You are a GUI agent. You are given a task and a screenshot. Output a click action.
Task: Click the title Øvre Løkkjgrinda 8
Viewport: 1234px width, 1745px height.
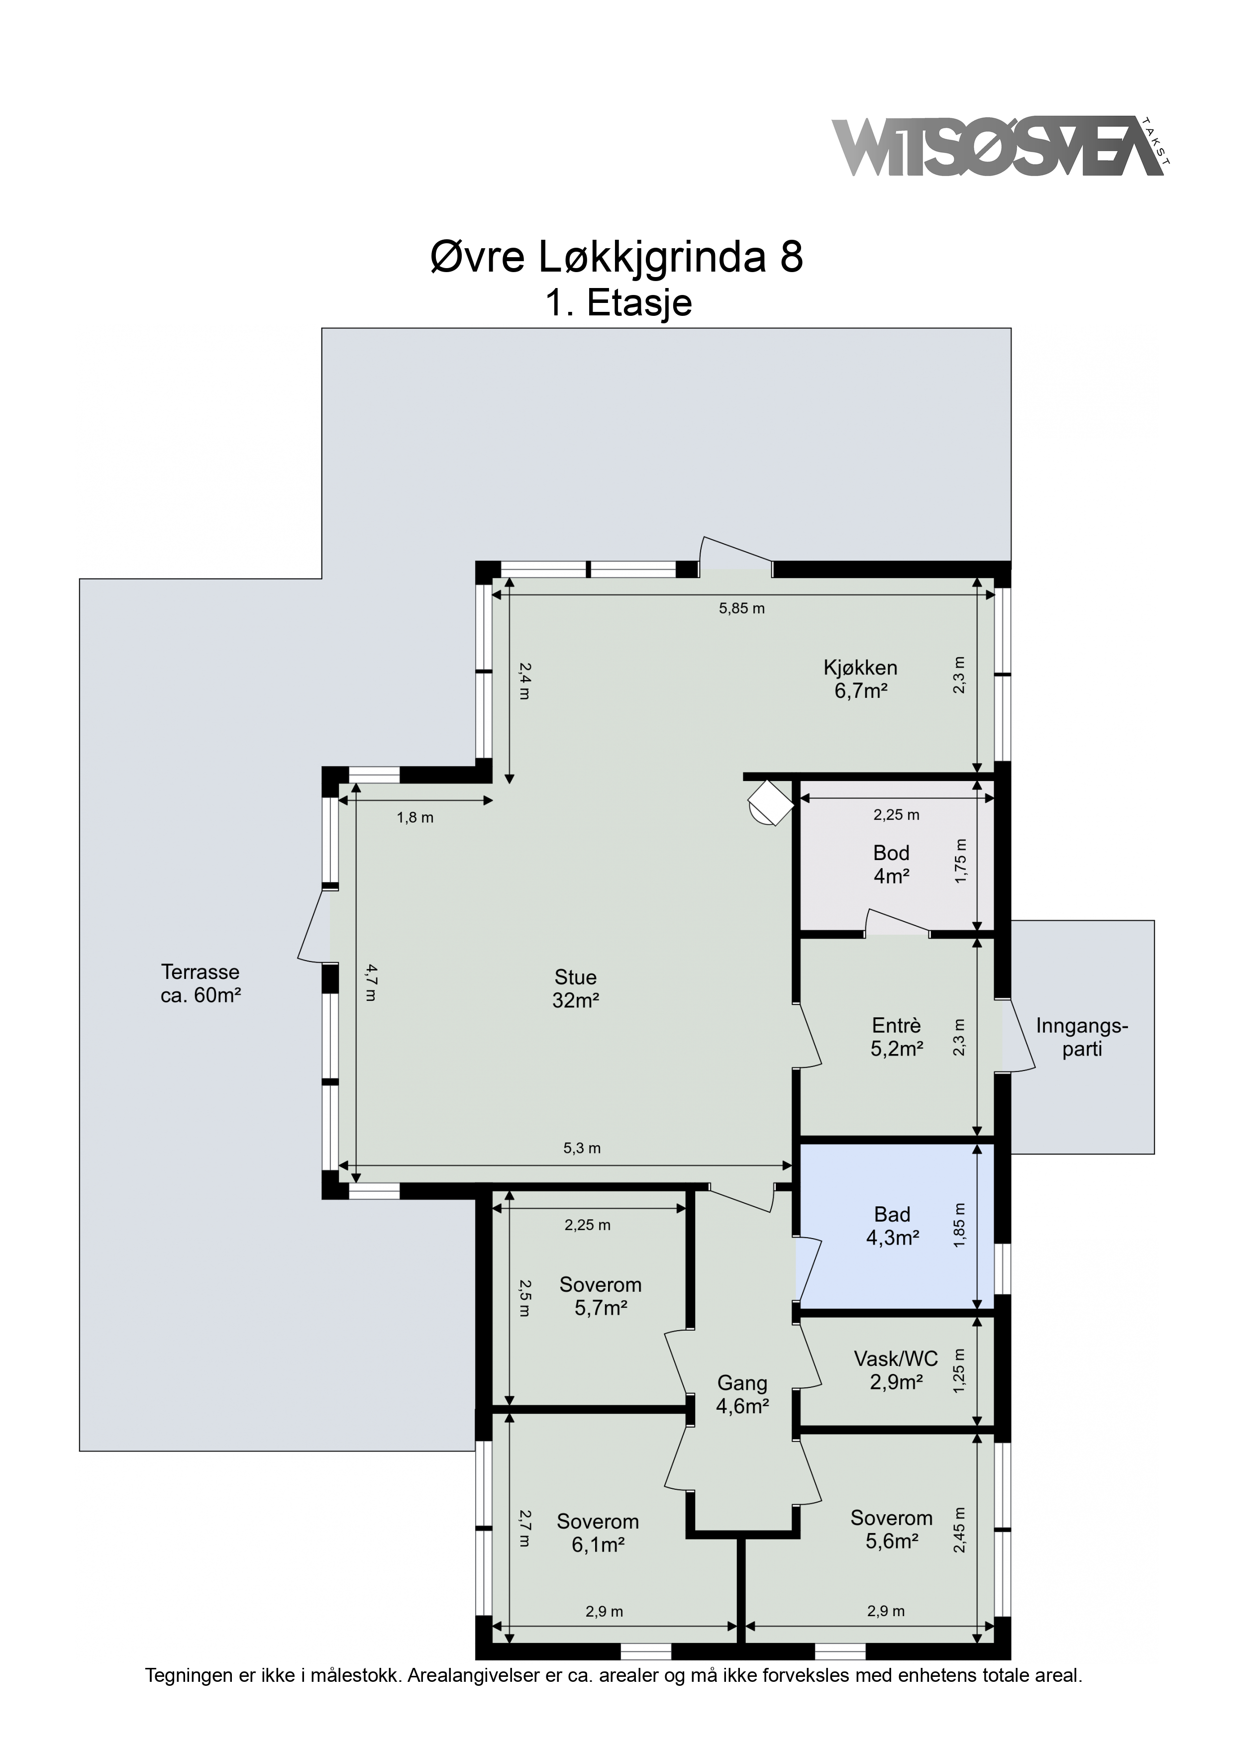(617, 258)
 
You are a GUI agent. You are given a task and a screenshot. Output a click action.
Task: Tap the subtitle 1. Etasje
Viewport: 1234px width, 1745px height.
(618, 303)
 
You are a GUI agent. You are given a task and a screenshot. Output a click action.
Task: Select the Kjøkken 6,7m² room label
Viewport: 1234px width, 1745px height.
(861, 679)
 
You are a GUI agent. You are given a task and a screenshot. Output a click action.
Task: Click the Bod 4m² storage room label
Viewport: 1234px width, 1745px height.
(891, 864)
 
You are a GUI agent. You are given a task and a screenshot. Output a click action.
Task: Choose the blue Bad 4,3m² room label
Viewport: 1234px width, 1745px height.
(893, 1226)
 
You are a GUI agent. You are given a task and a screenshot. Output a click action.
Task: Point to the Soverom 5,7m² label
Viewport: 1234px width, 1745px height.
(601, 1296)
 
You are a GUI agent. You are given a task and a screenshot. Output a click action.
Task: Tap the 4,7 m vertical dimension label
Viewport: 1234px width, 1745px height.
(370, 983)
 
